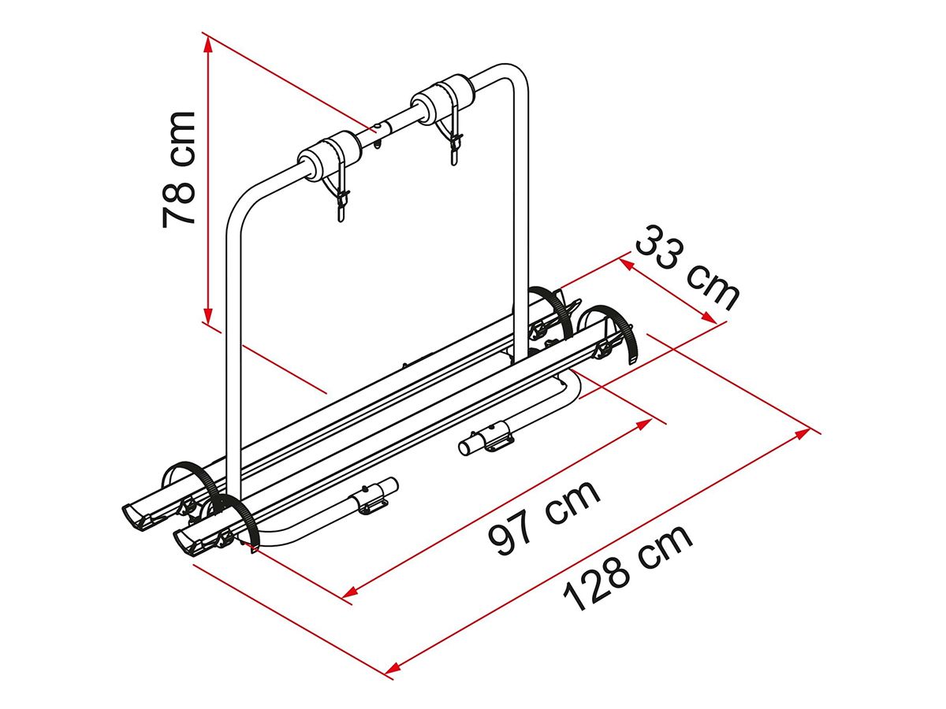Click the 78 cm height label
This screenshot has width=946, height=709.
coord(178,169)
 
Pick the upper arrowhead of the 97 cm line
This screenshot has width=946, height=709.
coord(642,424)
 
